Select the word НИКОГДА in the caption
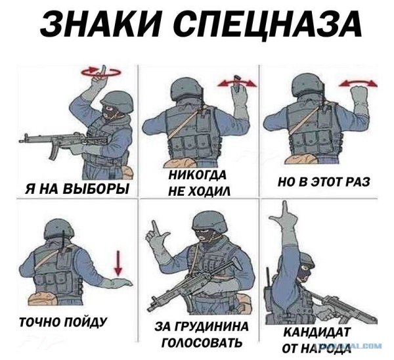coord(197,175)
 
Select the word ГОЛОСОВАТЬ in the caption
coord(200,342)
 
